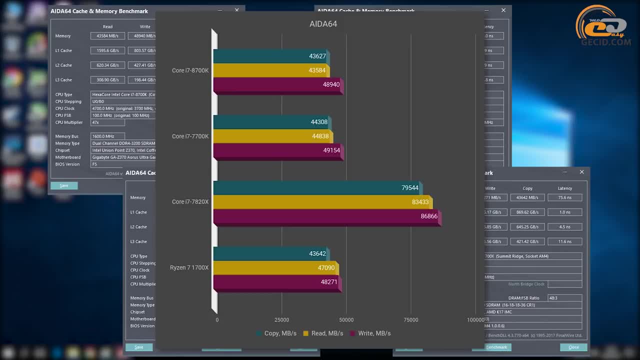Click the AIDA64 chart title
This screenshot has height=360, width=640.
[323, 24]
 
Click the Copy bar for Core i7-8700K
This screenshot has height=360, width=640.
[270, 56]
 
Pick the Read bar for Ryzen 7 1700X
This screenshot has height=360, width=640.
[275, 268]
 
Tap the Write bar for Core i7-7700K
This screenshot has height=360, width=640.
[277, 150]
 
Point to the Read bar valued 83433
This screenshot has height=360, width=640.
[322, 202]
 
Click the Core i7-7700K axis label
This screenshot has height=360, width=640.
[190, 136]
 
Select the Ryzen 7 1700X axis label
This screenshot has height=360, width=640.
[189, 268]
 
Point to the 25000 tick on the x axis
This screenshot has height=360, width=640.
[281, 320]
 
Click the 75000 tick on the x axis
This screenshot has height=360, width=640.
[411, 320]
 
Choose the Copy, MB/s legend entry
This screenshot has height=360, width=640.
[276, 333]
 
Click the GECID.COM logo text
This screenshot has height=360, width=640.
[605, 42]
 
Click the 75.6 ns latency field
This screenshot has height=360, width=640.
[564, 197]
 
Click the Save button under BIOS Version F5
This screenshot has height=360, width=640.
[64, 185]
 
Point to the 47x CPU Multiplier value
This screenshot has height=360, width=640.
[107, 122]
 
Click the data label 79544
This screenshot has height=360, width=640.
[410, 188]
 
